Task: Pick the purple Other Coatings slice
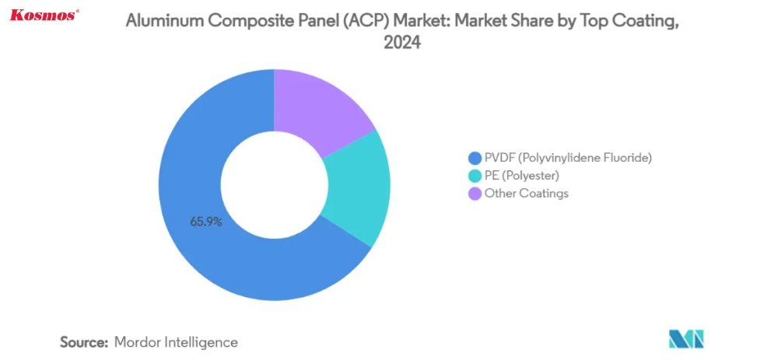click(319, 105)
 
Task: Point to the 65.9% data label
click(206, 222)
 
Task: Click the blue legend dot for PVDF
click(474, 157)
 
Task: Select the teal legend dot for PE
click(474, 175)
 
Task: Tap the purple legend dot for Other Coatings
click(474, 193)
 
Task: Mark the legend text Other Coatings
click(526, 193)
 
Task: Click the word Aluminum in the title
click(163, 23)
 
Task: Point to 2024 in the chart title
click(402, 44)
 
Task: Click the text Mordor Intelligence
click(176, 341)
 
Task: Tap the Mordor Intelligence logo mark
click(685, 339)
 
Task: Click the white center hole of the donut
click(274, 184)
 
